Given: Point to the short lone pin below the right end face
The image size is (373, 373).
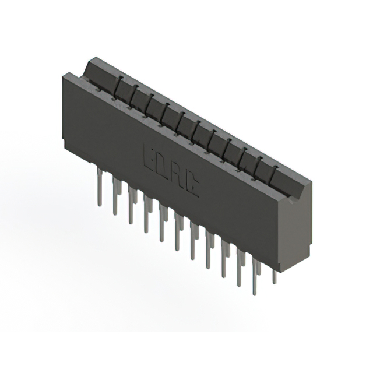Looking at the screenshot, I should click(x=275, y=277).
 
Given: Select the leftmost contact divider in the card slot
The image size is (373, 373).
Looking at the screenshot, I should click(x=116, y=87).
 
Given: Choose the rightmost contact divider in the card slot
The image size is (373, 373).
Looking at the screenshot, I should click(x=272, y=169).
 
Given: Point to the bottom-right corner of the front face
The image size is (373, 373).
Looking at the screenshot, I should click(x=279, y=271).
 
